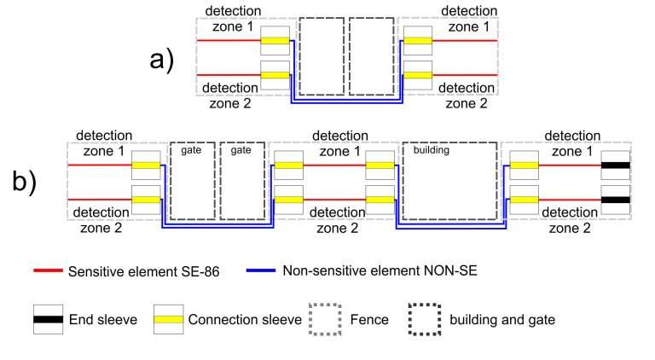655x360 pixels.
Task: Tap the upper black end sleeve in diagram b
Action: coord(614,165)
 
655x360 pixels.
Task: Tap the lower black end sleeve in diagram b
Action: coord(614,200)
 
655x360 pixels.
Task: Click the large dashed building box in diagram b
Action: coord(449,183)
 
